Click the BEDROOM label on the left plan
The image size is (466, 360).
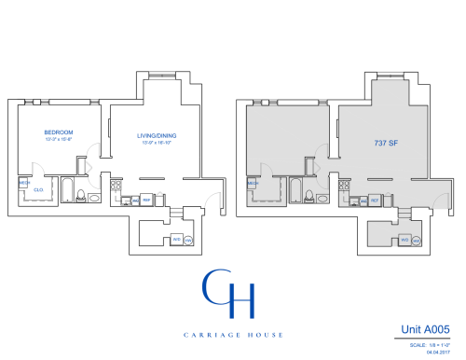59,132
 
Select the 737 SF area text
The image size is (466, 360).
384,145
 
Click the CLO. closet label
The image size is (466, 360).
38,189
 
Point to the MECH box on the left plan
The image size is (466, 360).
24,184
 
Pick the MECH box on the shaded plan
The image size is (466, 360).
252,184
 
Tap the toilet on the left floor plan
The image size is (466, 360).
81,196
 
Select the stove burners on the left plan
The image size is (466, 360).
120,198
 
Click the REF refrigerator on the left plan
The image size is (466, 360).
147,200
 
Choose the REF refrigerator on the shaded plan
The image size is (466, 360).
375,200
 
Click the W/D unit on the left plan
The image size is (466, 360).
176,240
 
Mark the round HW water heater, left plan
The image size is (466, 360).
188,240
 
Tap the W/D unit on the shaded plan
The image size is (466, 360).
404,240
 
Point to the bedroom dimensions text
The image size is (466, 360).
59,140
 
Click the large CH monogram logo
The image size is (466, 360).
230,291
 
